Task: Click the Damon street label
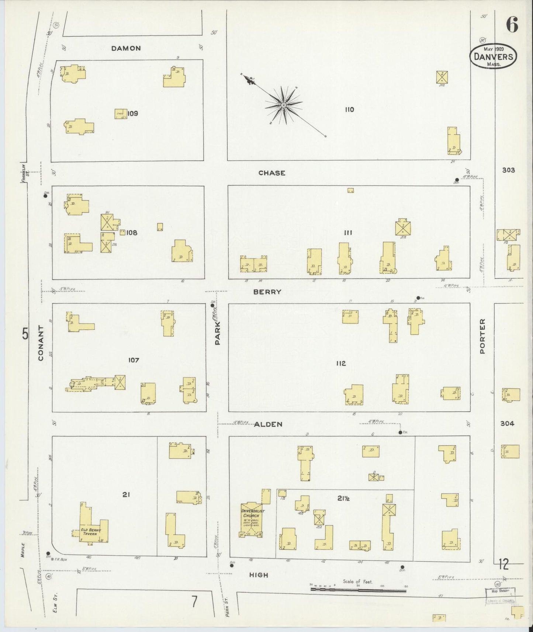(x=126, y=48)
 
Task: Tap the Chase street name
(x=272, y=173)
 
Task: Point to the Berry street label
(x=267, y=292)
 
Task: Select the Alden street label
(x=268, y=424)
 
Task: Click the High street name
(x=259, y=575)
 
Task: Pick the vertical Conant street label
(x=41, y=343)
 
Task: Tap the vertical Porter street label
(x=482, y=336)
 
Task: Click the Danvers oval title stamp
(x=494, y=56)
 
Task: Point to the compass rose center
(x=284, y=105)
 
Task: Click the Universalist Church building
(x=252, y=522)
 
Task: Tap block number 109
(x=132, y=114)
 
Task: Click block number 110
(x=349, y=110)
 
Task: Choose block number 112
(x=341, y=364)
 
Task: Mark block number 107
(x=133, y=360)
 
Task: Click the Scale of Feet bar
(x=358, y=590)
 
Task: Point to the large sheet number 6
(x=512, y=25)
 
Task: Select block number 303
(x=508, y=170)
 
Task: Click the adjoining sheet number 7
(x=194, y=602)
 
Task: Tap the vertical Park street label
(x=218, y=333)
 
